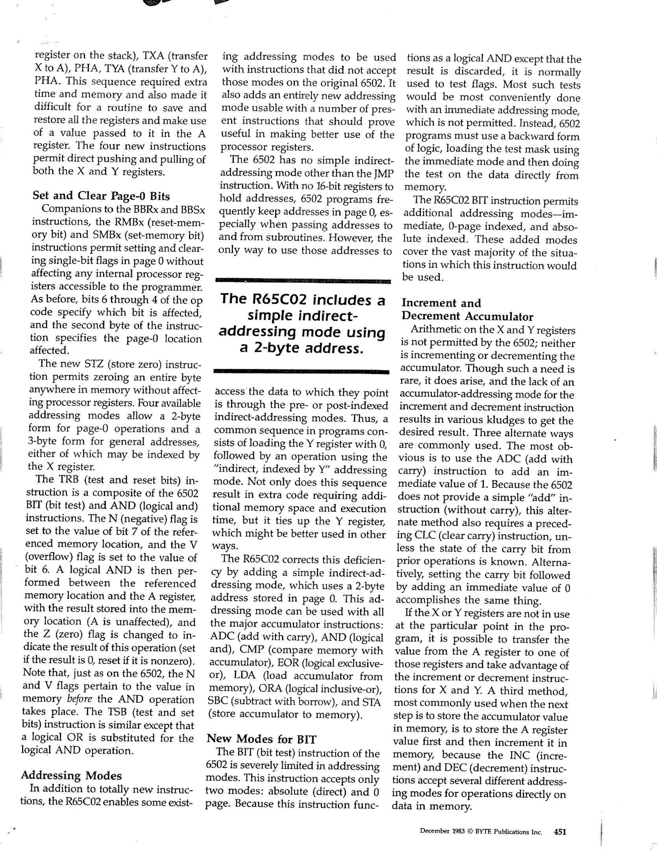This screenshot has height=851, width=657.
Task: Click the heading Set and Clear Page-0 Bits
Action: point(101,196)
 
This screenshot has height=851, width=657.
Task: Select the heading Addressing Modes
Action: point(71,775)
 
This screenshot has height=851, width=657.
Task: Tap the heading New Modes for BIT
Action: point(261,738)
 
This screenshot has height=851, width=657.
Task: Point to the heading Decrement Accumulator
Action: point(467,316)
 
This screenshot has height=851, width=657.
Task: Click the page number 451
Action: point(560,832)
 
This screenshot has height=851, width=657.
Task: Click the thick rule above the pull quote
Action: point(303,281)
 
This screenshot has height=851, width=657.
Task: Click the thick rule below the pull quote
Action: point(301,371)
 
